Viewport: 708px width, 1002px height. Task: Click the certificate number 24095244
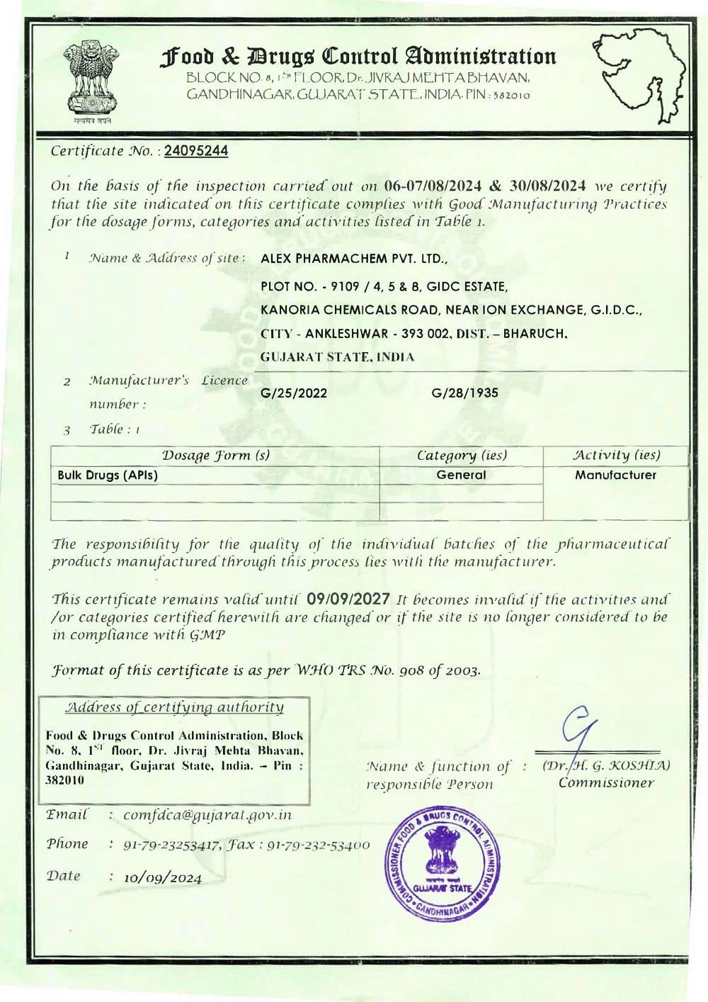point(196,151)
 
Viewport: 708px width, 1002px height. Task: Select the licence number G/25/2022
point(294,393)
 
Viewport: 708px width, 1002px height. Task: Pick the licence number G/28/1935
point(464,393)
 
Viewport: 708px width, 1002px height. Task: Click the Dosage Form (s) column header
point(216,455)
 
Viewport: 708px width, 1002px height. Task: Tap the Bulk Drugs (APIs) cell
point(108,475)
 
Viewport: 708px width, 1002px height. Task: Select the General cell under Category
point(461,475)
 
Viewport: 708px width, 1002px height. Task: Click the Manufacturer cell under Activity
point(615,475)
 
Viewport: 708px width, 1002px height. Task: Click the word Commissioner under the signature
point(606,783)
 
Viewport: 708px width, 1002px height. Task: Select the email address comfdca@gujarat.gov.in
point(207,815)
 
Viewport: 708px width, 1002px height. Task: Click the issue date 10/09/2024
point(163,878)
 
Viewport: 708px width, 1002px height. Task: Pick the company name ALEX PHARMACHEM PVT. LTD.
point(354,259)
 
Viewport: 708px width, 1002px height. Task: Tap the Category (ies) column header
point(462,455)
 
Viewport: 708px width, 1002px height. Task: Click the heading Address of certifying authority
point(175,707)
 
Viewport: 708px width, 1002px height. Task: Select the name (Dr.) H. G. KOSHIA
point(606,765)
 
